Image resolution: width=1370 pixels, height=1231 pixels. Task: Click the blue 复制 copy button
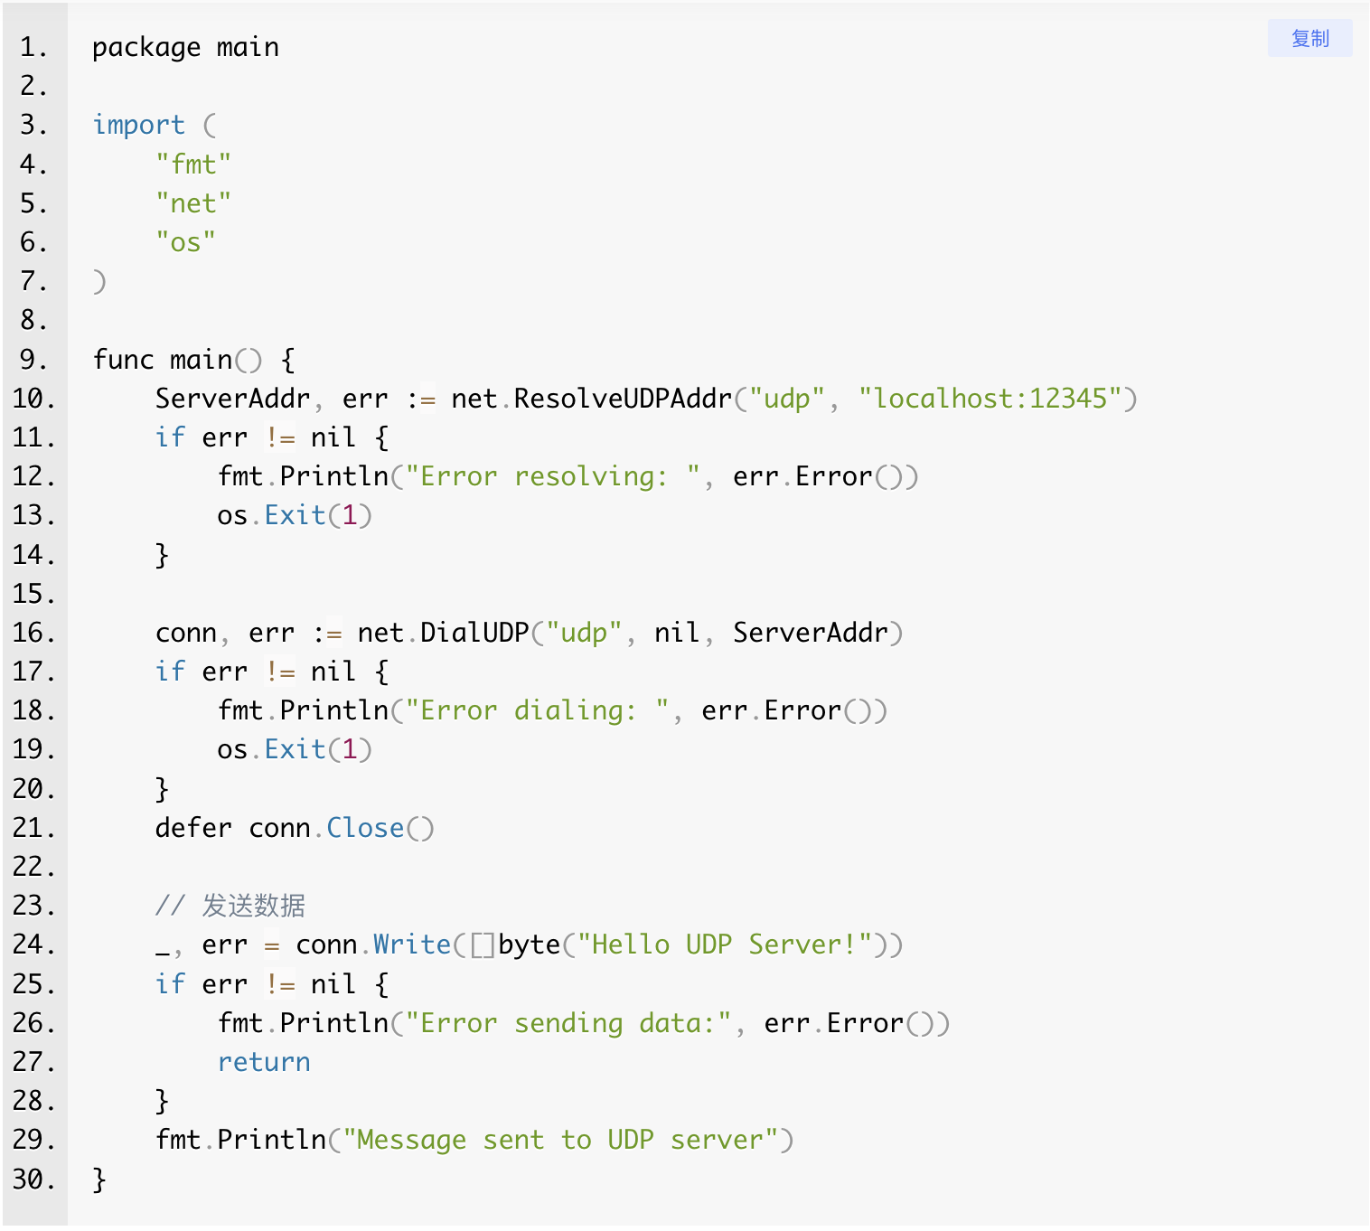click(x=1309, y=39)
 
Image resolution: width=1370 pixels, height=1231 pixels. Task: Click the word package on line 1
click(x=146, y=48)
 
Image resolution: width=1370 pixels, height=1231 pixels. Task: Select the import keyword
click(x=138, y=125)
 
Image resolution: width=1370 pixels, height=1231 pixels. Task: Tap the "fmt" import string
click(x=193, y=164)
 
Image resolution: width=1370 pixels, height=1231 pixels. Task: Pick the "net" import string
click(x=193, y=203)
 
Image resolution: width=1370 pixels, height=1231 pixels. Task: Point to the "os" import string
click(x=185, y=242)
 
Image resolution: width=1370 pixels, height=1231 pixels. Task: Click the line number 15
click(x=33, y=594)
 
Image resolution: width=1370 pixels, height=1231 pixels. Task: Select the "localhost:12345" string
click(x=990, y=399)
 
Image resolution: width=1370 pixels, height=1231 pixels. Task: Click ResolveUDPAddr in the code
click(x=623, y=399)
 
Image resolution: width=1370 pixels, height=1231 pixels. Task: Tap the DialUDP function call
click(x=474, y=633)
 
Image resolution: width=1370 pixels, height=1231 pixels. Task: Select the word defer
click(x=193, y=828)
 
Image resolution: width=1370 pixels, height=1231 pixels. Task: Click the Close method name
click(x=365, y=828)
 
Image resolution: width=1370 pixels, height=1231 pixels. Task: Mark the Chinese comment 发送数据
click(x=253, y=906)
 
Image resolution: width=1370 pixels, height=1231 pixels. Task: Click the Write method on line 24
click(x=412, y=944)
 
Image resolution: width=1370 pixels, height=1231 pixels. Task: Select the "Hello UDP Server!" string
click(x=725, y=944)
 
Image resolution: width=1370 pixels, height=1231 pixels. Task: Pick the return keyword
click(x=264, y=1062)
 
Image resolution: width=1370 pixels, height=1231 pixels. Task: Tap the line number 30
click(x=33, y=1179)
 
